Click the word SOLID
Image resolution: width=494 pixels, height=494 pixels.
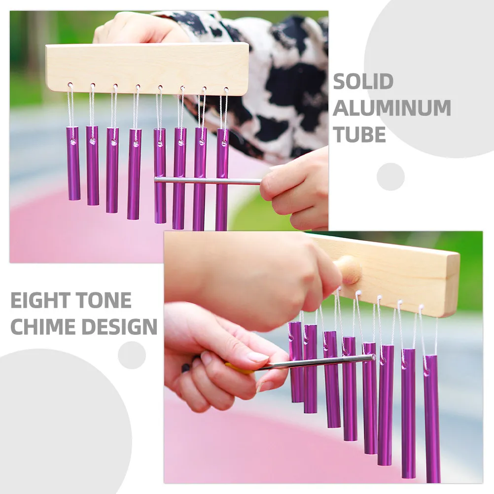click(363, 82)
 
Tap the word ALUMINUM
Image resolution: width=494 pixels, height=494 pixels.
click(392, 108)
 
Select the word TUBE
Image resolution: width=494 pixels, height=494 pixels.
click(359, 135)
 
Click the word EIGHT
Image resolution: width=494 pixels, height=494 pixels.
click(40, 300)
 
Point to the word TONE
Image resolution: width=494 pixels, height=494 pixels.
click(104, 300)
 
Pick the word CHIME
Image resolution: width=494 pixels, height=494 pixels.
click(42, 326)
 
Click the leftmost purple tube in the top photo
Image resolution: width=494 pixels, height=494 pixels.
click(73, 163)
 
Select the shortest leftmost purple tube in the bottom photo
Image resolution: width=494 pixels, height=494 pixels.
click(296, 362)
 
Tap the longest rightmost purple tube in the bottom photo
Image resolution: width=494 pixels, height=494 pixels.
click(432, 419)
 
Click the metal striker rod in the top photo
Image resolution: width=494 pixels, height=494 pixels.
click(207, 180)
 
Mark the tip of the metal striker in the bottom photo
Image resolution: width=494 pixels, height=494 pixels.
click(374, 357)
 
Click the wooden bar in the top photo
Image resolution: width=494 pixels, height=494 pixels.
click(147, 69)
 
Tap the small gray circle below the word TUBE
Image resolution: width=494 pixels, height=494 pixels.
click(390, 176)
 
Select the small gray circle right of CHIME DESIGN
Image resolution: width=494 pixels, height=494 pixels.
click(132, 355)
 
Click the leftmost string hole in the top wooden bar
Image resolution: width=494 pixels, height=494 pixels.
click(71, 85)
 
